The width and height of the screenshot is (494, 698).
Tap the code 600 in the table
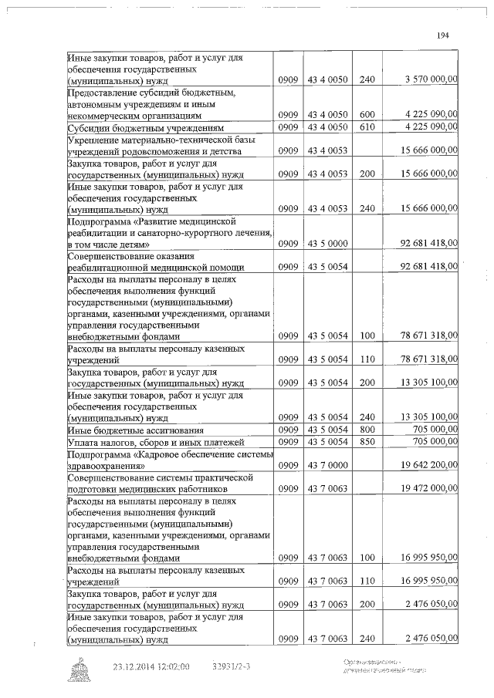pos(367,114)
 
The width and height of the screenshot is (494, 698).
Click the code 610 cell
pos(367,127)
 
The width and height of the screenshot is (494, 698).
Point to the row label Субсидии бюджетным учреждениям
pos(146,127)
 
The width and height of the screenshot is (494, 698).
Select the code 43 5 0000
pos(328,244)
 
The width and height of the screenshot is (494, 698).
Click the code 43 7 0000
pos(328,465)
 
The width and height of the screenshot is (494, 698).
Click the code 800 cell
pos(367,430)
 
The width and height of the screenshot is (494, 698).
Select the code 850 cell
pos(367,442)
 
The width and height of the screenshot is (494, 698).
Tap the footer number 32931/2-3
pos(235,666)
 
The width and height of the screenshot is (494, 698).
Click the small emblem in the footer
pos(80,669)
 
